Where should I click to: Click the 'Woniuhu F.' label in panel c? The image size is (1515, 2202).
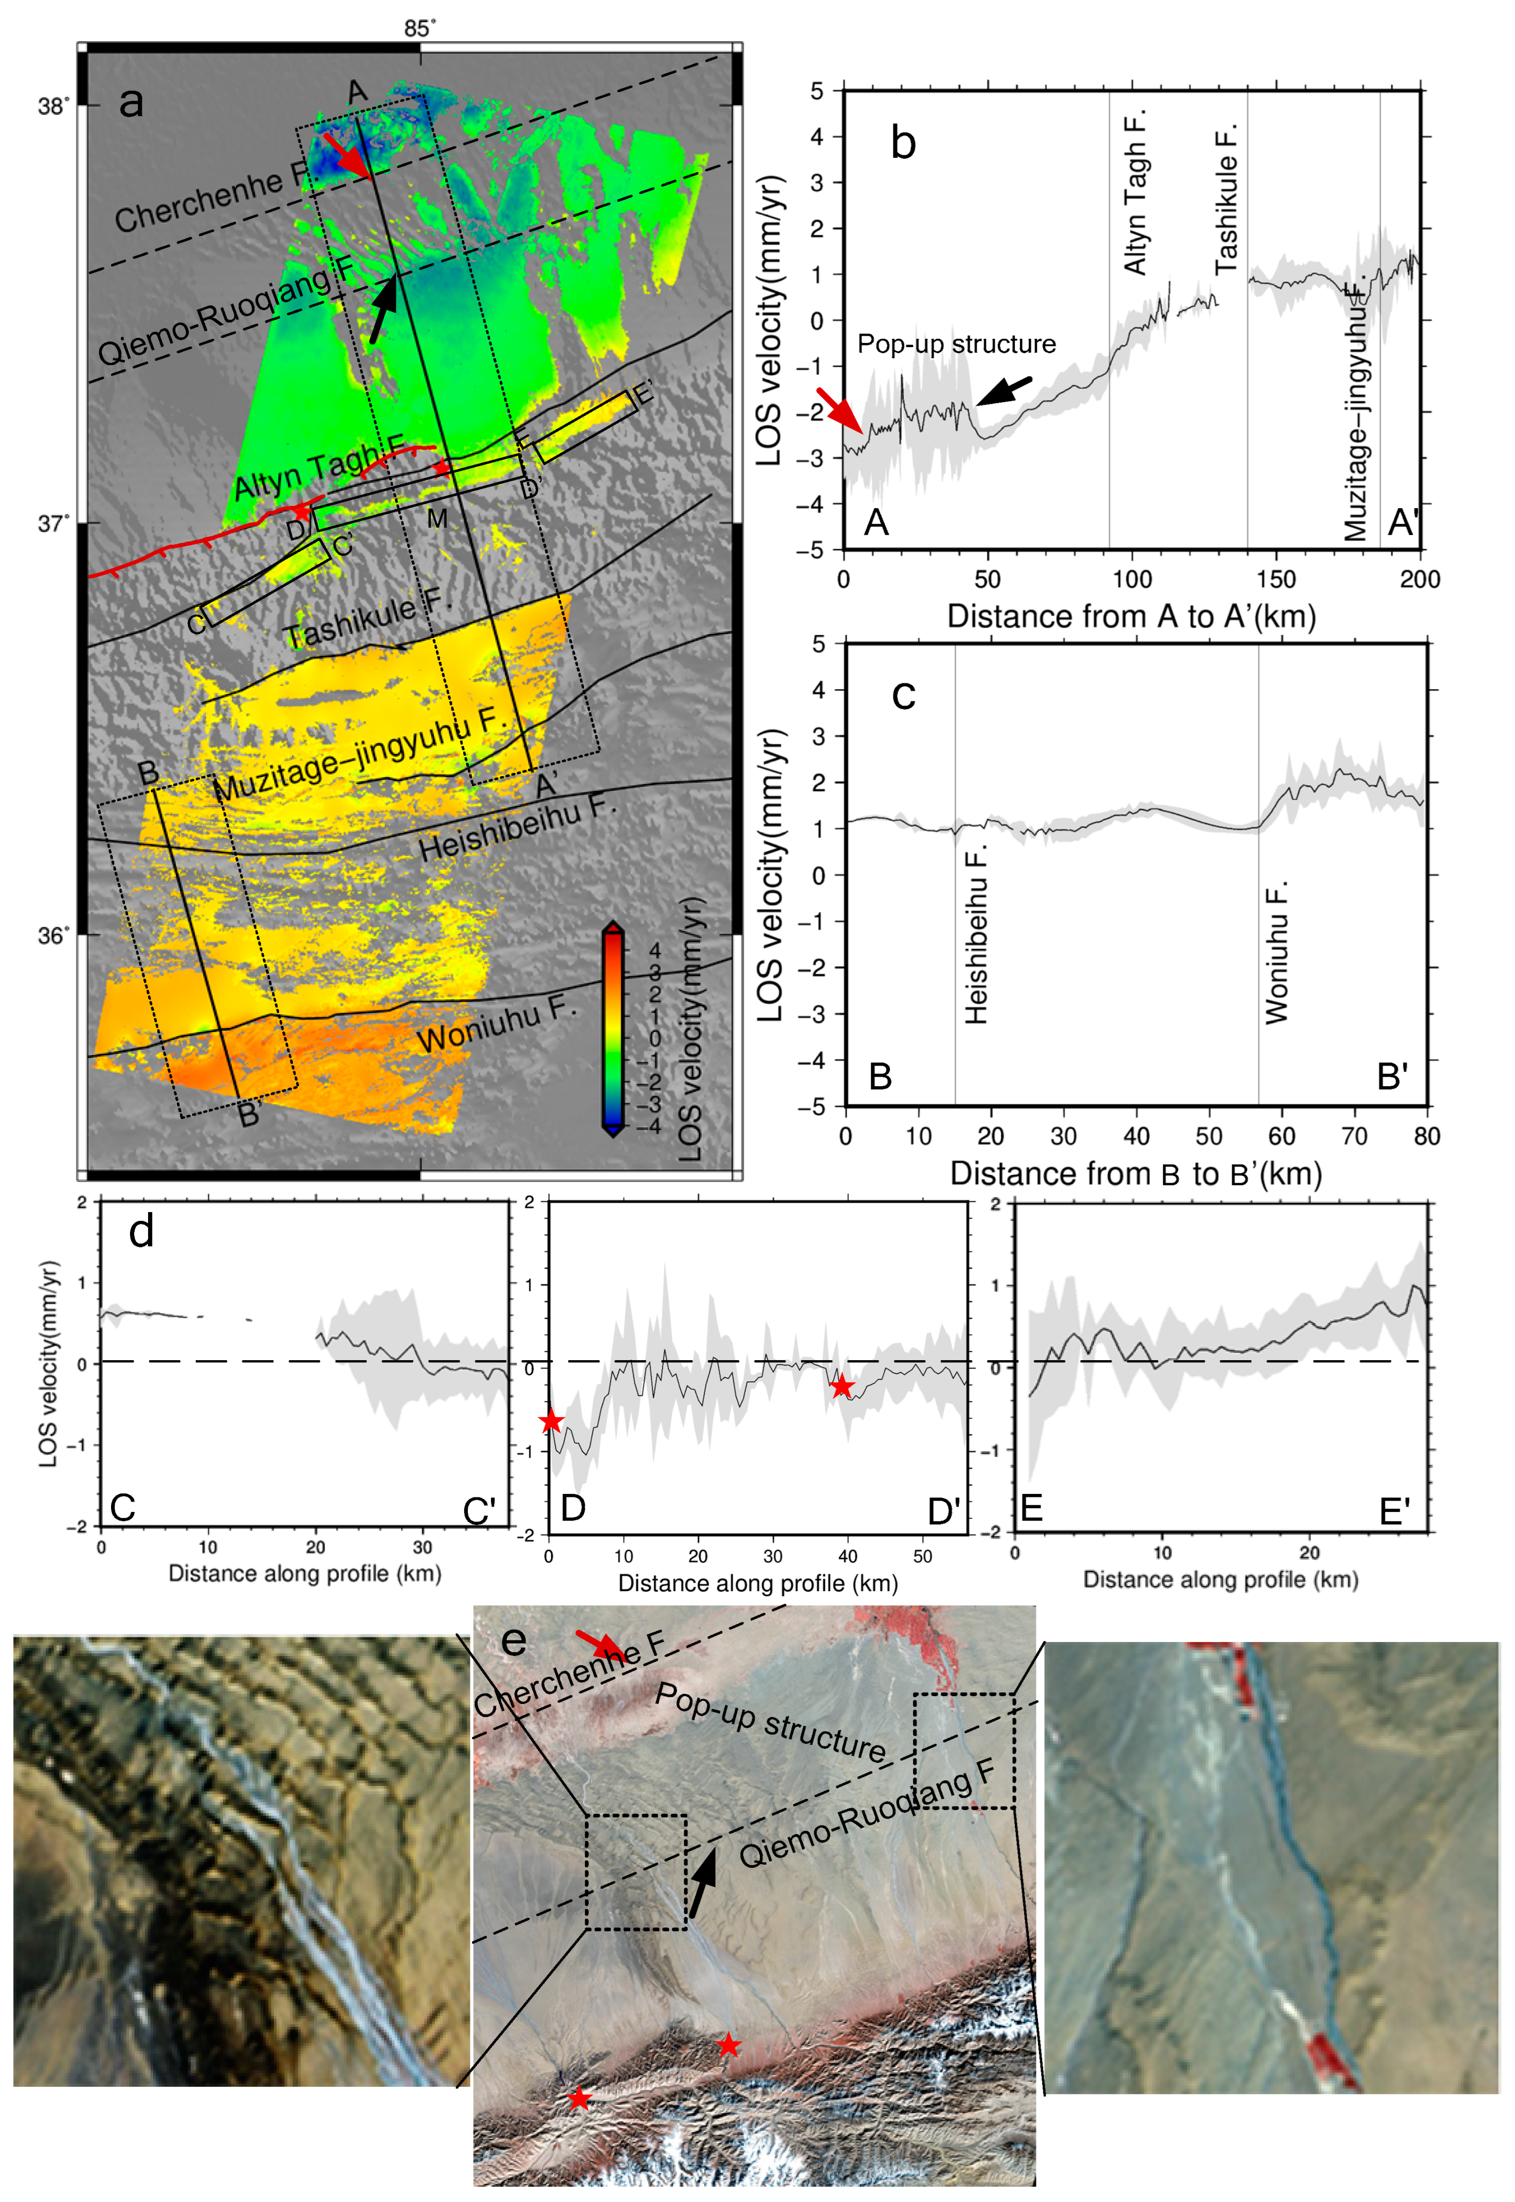click(1277, 952)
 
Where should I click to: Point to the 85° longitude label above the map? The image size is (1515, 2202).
click(419, 28)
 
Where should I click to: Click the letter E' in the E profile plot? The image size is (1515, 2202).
click(1394, 1511)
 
